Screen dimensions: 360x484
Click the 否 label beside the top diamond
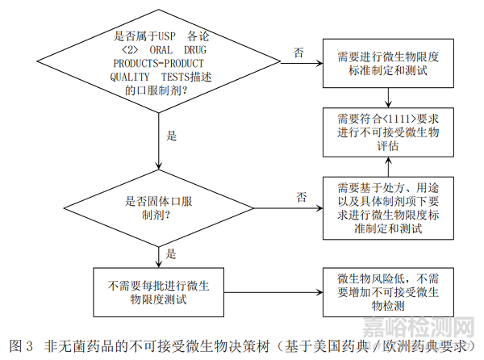298,53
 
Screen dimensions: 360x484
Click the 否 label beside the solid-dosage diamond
301,196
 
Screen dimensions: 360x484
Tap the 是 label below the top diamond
171,136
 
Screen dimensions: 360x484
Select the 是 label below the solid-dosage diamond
171,253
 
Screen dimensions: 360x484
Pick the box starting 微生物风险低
390,292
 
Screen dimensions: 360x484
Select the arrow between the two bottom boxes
274,292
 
